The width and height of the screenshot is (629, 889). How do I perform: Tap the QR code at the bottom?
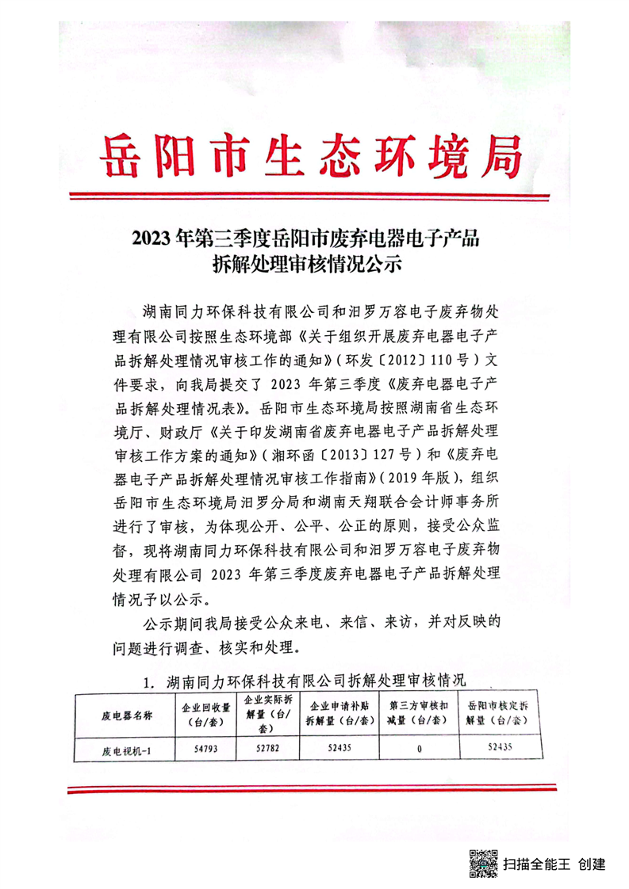tap(483, 861)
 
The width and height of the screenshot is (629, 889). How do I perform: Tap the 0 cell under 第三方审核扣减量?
tap(417, 747)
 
